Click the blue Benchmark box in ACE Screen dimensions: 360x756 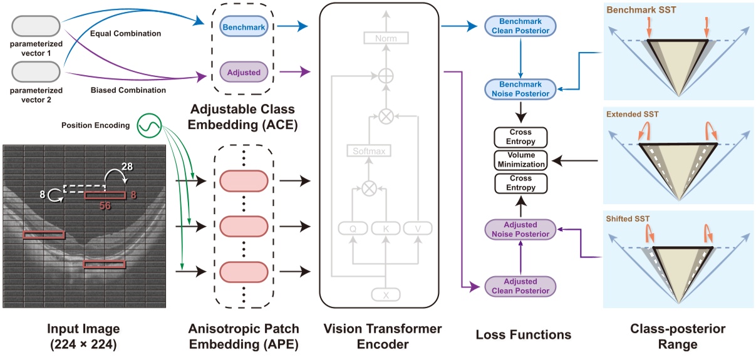coord(244,27)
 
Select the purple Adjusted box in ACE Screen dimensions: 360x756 coord(244,72)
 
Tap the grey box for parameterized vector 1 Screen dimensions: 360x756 coord(36,27)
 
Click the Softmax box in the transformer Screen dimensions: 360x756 coord(368,151)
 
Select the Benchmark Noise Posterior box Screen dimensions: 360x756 coord(520,89)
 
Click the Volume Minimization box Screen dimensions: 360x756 coord(520,160)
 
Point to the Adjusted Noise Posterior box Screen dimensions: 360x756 coord(520,229)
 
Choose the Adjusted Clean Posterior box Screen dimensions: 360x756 coord(520,286)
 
